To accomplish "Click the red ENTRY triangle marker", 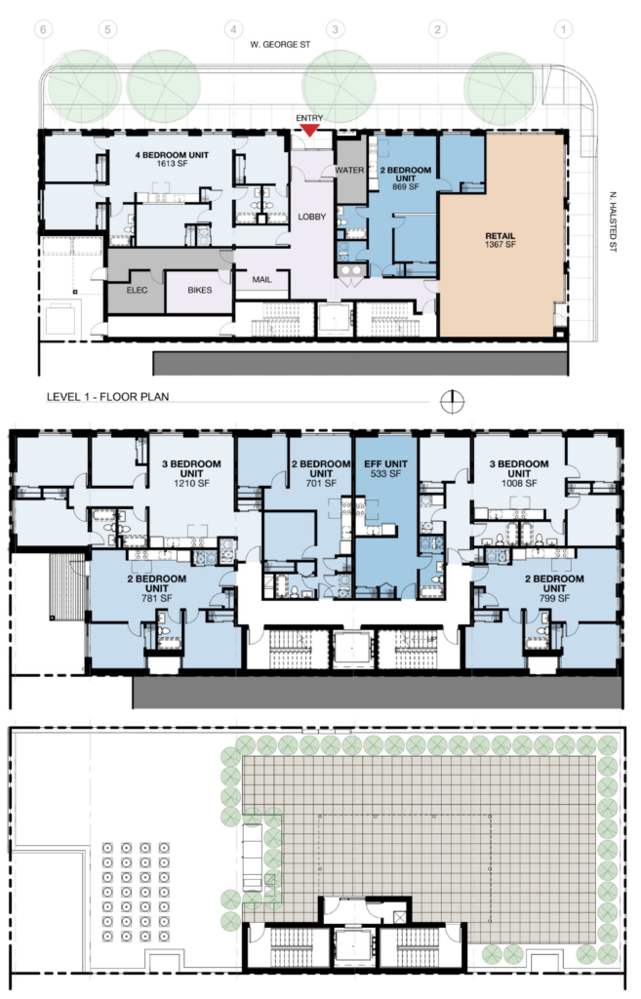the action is [x=309, y=130].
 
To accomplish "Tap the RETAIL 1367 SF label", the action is [x=501, y=240].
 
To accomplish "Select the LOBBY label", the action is [x=312, y=217].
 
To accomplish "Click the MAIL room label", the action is [x=261, y=280].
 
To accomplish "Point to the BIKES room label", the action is [x=199, y=290].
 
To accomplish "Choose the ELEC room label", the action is [x=137, y=290].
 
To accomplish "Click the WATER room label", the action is [x=350, y=170].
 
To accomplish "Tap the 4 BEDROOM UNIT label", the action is [x=172, y=159].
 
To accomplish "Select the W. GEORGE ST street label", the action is [x=280, y=45].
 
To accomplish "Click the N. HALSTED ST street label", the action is [x=613, y=221].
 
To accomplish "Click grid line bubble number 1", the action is [x=563, y=28].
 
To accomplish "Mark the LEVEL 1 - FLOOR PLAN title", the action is [x=107, y=396].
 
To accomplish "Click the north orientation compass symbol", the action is [x=453, y=401].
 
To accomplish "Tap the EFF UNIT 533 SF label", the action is [x=385, y=469].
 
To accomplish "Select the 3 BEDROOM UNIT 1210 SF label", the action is [x=192, y=473].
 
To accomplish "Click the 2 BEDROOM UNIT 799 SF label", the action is [x=554, y=588].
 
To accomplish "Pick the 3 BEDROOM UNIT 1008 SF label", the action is [x=519, y=473].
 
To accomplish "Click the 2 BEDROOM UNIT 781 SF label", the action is [x=157, y=588].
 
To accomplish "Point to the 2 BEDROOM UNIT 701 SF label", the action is [x=321, y=473].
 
